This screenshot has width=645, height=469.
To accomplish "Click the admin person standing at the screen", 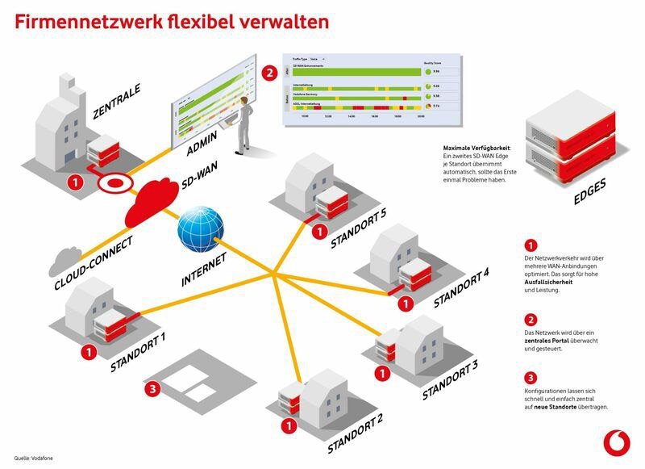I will click(243, 126).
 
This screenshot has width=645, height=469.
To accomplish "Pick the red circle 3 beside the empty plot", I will click(155, 389).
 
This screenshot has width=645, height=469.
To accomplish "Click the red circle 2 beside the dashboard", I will click(268, 72).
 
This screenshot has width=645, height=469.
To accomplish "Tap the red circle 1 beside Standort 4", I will click(405, 303).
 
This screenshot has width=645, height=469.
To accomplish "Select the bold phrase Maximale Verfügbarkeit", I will click(477, 149).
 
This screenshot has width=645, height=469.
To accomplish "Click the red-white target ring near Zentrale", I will click(115, 182).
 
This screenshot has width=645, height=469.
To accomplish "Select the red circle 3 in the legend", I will click(530, 378).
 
